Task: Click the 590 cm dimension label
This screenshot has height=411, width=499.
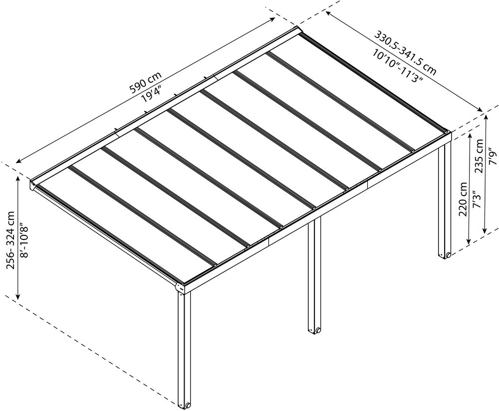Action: point(146,82)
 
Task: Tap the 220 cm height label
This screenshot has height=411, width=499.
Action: point(464,199)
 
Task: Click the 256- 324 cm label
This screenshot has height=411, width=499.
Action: point(11,239)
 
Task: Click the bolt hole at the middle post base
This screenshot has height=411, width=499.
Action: point(317,330)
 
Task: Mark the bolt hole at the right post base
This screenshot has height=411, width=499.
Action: point(448,255)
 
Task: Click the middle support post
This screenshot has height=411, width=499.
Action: point(314,274)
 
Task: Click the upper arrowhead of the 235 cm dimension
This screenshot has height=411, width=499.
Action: point(486,118)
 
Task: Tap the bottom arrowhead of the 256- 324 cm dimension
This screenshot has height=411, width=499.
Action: point(18,296)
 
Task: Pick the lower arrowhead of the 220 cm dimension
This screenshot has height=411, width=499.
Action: point(469,241)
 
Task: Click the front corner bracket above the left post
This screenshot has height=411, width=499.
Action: point(181,287)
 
